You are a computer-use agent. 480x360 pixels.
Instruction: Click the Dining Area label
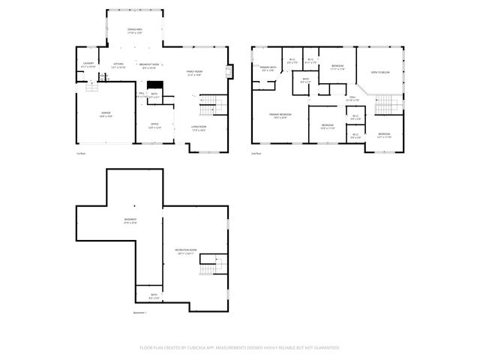point(135,31)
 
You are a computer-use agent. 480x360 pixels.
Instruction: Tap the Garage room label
point(106,114)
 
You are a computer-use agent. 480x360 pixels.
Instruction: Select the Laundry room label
point(88,64)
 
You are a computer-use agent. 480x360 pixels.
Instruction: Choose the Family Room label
point(195,72)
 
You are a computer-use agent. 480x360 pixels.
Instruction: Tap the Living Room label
point(199,127)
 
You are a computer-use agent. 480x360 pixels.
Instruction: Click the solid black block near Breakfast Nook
point(154,85)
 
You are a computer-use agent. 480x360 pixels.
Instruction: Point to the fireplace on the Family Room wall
point(228,72)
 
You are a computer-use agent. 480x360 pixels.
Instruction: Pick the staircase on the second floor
point(385,102)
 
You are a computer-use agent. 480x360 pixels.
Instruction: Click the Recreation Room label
point(186,250)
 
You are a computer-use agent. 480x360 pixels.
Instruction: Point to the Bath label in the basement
point(153,295)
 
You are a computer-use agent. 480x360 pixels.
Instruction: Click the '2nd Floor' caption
point(256,153)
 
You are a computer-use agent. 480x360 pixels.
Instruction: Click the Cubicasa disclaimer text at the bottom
point(240,347)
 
